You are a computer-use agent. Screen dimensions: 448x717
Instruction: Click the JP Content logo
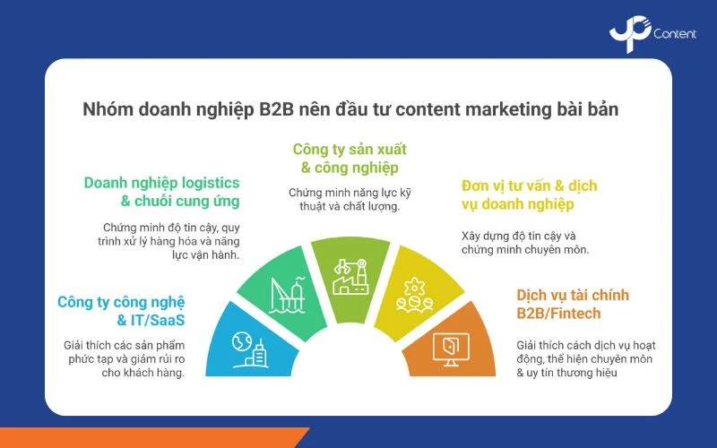(x=652, y=33)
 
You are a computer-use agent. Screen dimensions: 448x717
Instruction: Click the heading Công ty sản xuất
(x=350, y=148)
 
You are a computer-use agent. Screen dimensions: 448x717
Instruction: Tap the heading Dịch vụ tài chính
(x=572, y=295)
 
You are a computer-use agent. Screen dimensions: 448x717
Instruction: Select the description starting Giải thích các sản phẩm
(x=124, y=358)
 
